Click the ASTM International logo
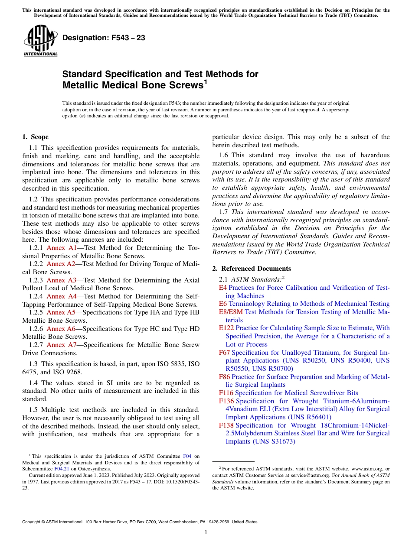pyautogui.click(x=40, y=41)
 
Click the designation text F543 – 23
pyautogui.click(x=104, y=38)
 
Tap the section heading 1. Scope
pyautogui.click(x=35, y=137)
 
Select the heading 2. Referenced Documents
pyautogui.click(x=252, y=269)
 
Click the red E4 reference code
pyautogui.click(x=223, y=288)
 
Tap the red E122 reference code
pyautogui.click(x=226, y=328)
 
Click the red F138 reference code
pyautogui.click(x=226, y=425)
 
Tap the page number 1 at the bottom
pyautogui.click(x=206, y=532)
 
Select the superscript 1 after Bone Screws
pyautogui.click(x=206, y=82)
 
